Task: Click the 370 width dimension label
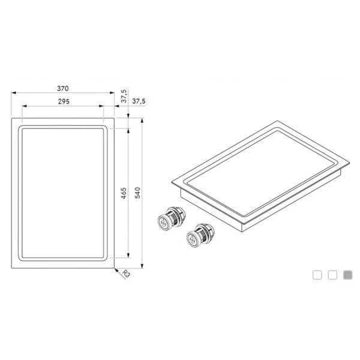[x=62, y=88]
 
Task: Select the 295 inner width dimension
[x=64, y=101]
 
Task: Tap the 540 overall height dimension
[x=137, y=193]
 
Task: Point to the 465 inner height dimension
[x=124, y=193]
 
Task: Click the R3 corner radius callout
[x=126, y=274]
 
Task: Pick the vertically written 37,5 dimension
[x=124, y=96]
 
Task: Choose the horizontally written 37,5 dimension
[x=139, y=101]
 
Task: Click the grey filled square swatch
[x=347, y=275]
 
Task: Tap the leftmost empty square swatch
[x=317, y=275]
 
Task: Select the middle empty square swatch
[x=332, y=275]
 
